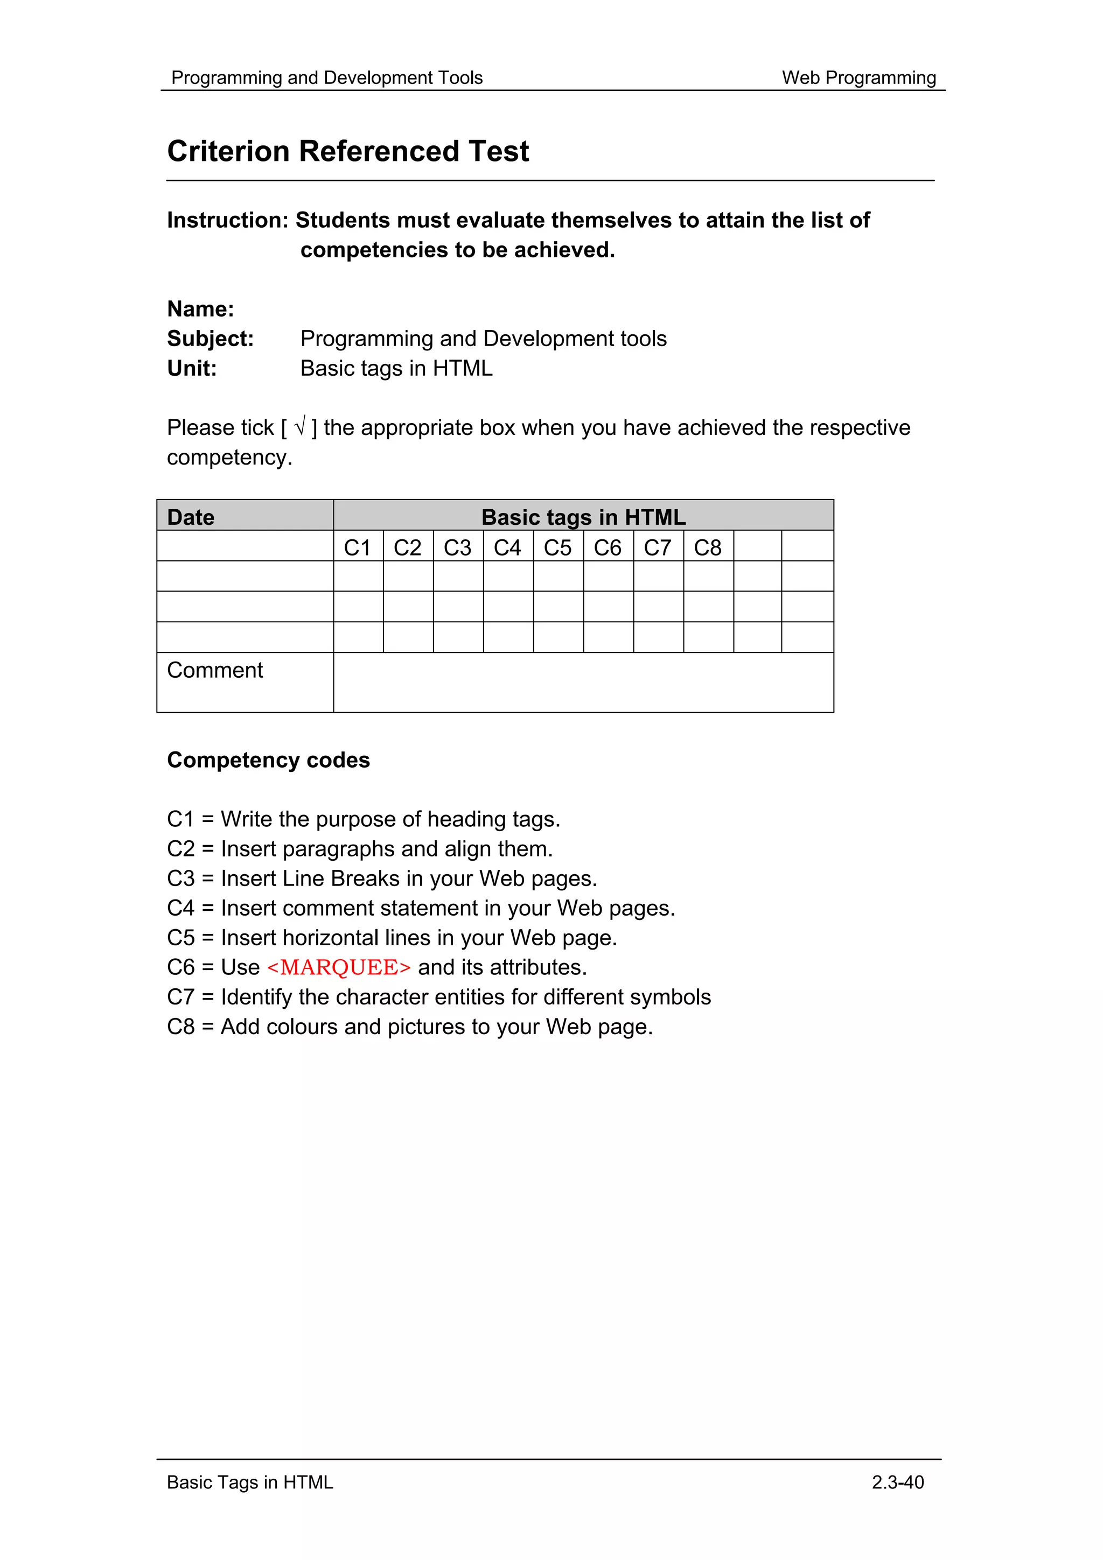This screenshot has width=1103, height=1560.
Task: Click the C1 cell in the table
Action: tap(358, 547)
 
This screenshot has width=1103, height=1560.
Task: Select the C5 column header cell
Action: tap(557, 547)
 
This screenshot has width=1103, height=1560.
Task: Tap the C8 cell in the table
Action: tap(708, 547)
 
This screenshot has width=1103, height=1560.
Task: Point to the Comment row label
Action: tap(215, 670)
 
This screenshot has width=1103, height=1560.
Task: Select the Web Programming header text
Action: tap(858, 78)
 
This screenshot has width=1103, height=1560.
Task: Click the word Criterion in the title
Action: tap(228, 151)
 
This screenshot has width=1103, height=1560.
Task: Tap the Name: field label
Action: tap(200, 309)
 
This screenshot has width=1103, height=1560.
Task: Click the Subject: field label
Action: tap(210, 339)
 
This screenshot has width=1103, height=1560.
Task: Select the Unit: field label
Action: tap(192, 368)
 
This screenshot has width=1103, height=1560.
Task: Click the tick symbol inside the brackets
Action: tap(299, 427)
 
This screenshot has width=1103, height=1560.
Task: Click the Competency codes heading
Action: tap(268, 760)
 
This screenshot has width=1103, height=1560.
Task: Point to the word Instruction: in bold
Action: tap(228, 220)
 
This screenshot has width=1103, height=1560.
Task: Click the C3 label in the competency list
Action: tap(181, 879)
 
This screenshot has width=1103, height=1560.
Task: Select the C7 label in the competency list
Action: tap(181, 997)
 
